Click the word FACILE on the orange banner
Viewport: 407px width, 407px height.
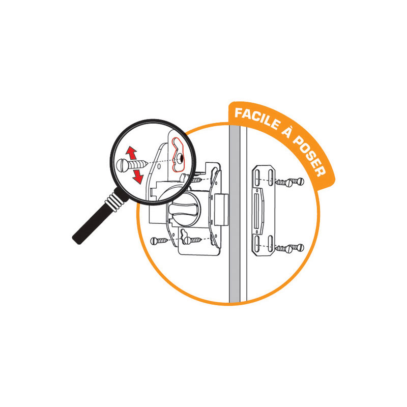(x=257, y=118)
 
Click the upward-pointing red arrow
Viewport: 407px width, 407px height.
(x=131, y=153)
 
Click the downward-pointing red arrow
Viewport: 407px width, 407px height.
(x=138, y=176)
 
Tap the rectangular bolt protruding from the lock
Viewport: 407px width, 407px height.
(x=221, y=210)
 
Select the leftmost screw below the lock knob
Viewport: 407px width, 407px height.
(x=159, y=241)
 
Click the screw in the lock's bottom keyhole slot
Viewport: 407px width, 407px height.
(x=191, y=240)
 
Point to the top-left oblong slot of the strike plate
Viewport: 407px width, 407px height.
(x=257, y=178)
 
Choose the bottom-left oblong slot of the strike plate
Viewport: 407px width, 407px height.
(x=257, y=244)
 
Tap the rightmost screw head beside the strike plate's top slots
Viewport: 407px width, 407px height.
(x=300, y=181)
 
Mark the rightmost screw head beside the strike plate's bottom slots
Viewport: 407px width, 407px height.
(x=300, y=247)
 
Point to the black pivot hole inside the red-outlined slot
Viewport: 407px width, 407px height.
(x=181, y=158)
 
